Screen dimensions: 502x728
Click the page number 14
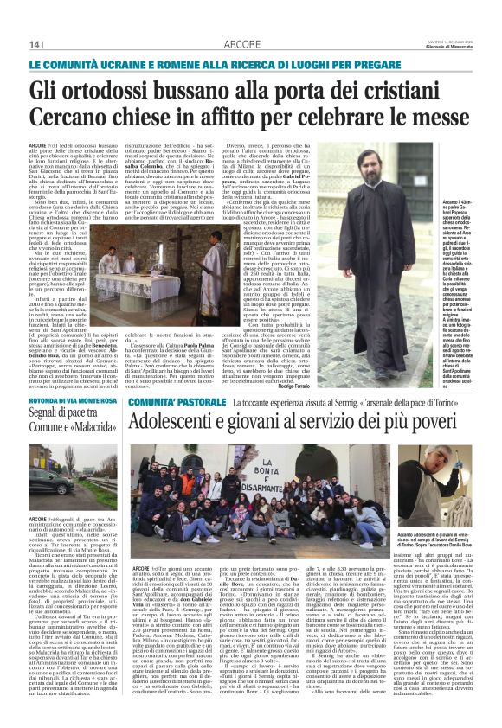point(35,43)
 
